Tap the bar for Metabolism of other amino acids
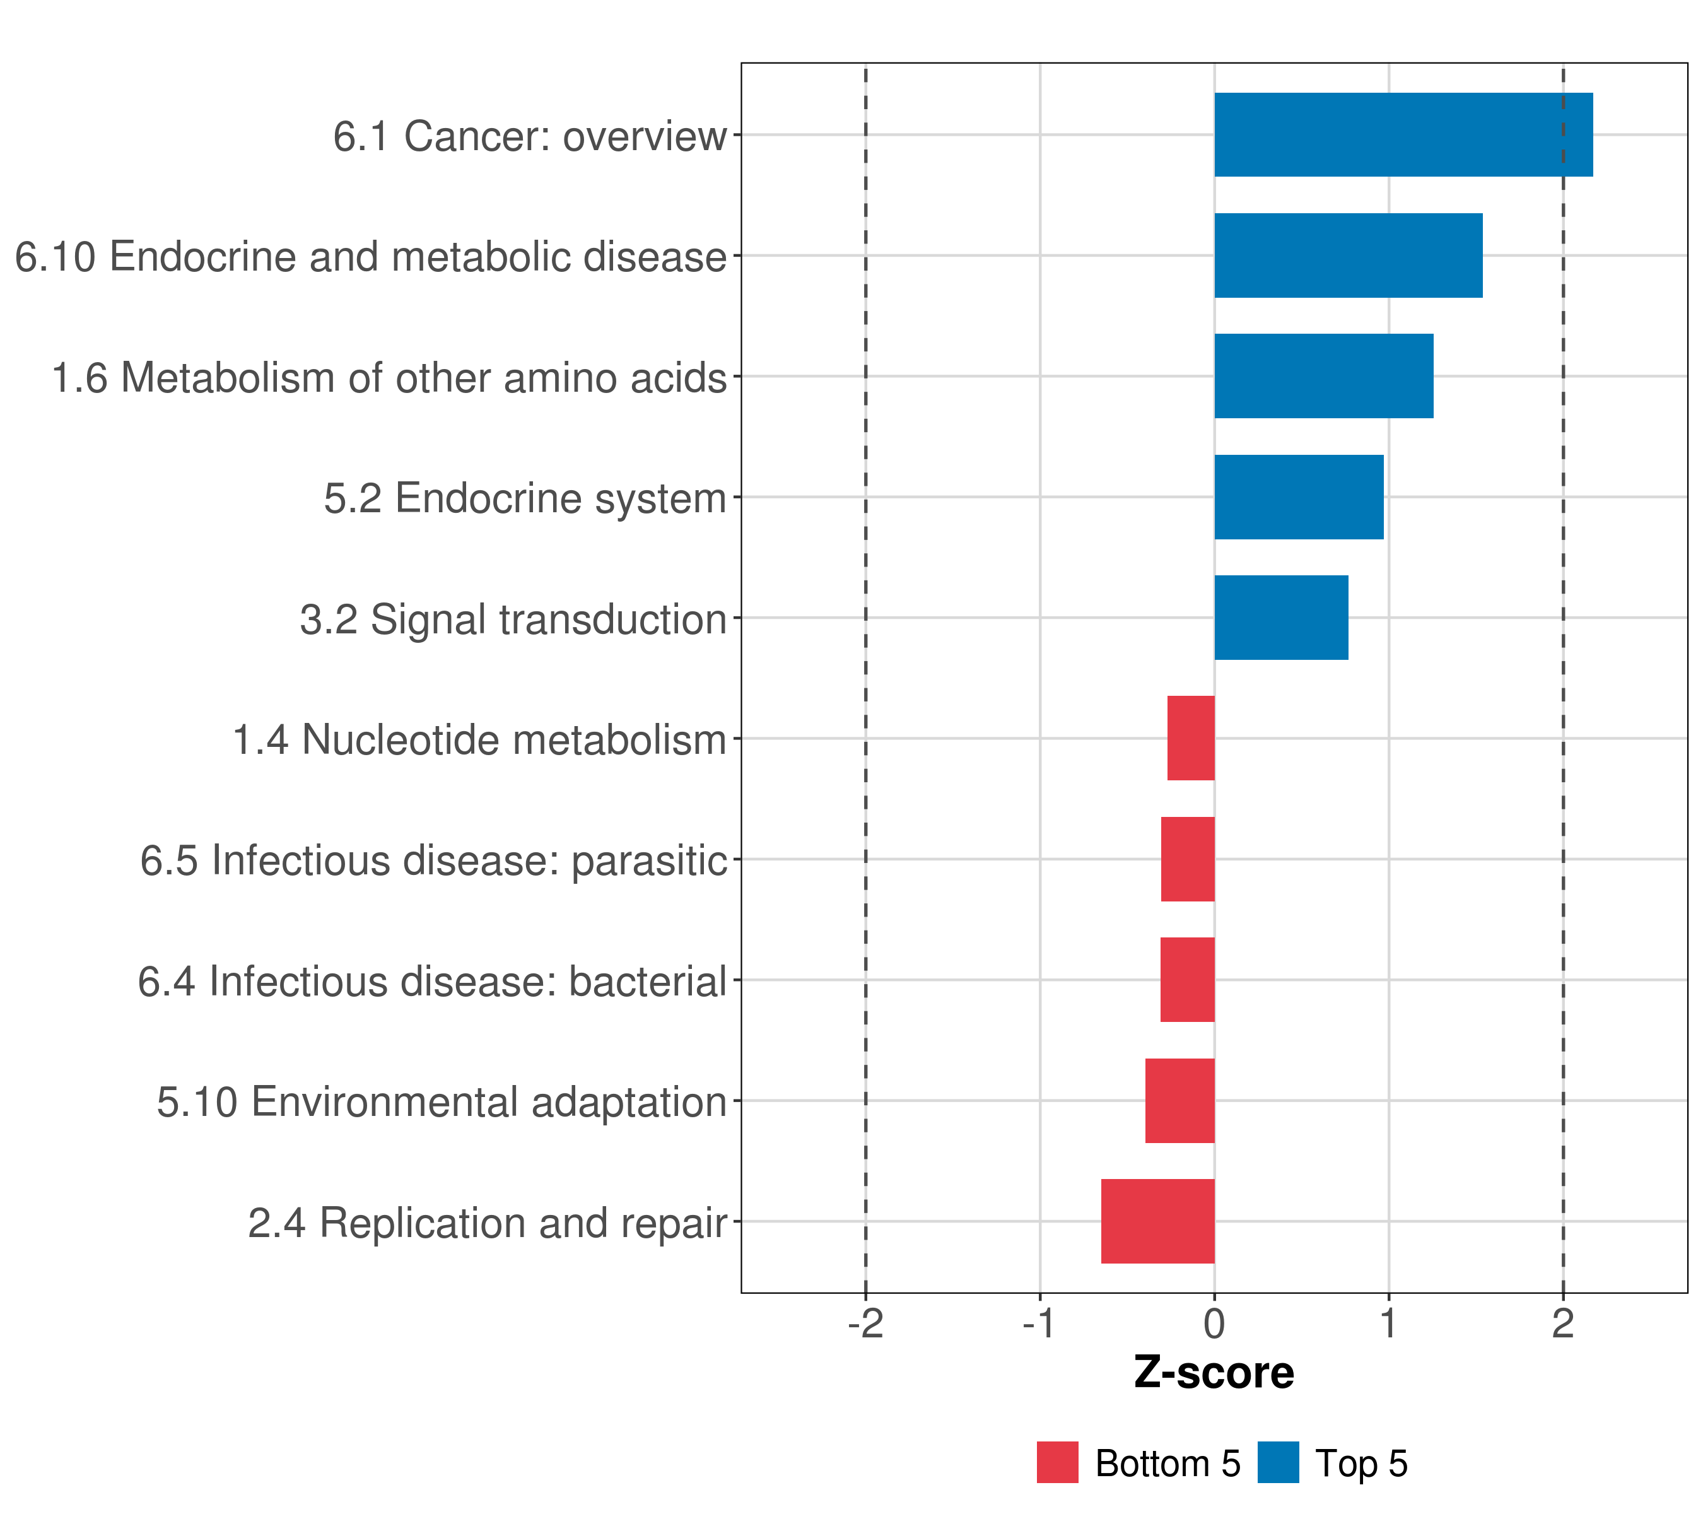[1324, 376]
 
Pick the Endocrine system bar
[1299, 498]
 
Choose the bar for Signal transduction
[1282, 618]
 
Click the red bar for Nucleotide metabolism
[1191, 738]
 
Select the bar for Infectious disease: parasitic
[1188, 859]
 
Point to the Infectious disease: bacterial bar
[1187, 980]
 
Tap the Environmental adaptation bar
[1179, 1101]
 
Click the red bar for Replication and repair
[1158, 1221]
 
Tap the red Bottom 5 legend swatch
[1057, 1462]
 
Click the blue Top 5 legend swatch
[1278, 1462]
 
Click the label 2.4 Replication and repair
[488, 1223]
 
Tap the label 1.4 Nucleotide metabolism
[480, 740]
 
